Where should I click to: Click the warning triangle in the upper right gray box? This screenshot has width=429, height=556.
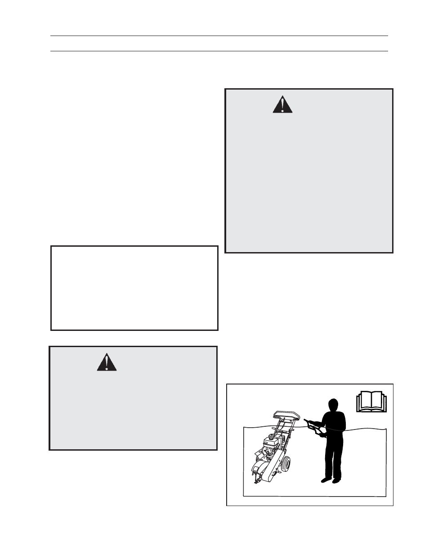[x=282, y=104]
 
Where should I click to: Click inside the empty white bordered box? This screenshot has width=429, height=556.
[x=134, y=288]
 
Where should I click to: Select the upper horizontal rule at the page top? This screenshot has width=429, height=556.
[x=219, y=36]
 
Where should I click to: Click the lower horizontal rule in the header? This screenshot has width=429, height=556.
[x=219, y=51]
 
